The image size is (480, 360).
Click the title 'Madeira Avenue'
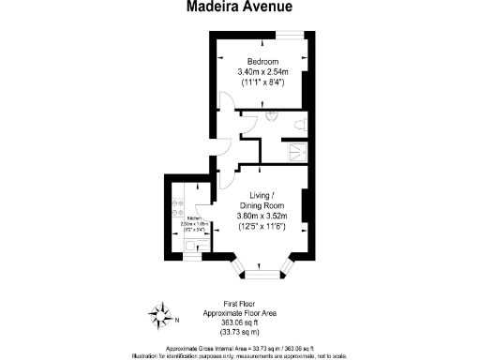[x=239, y=7]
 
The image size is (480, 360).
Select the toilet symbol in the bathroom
[x=299, y=125]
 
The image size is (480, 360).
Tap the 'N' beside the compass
[x=176, y=318]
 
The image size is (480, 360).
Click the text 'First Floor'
[x=239, y=302]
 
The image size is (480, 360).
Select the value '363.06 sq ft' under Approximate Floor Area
[x=239, y=324]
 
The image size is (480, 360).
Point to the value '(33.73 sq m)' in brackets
[x=239, y=333]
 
